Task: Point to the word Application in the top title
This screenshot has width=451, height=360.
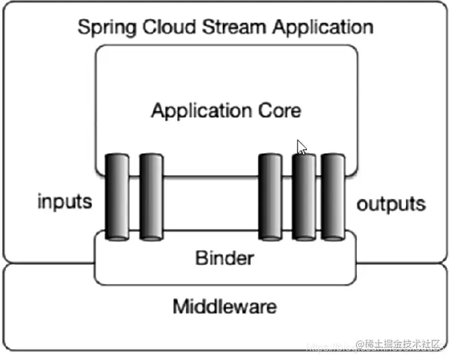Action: [316, 28]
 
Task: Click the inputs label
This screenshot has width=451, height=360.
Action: [64, 202]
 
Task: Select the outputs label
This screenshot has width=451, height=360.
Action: [390, 205]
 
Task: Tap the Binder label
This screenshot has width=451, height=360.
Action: [224, 257]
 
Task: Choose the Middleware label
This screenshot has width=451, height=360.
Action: [224, 308]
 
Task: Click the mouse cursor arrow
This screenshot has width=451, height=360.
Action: [302, 147]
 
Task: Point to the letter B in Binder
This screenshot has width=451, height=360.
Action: [200, 257]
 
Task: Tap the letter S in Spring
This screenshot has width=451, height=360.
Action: [83, 28]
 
